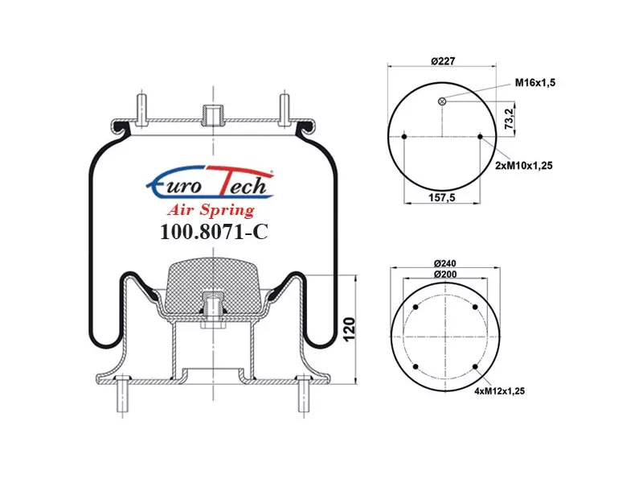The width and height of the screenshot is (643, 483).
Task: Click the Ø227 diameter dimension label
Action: (443, 61)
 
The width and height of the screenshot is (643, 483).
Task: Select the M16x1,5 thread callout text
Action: (535, 83)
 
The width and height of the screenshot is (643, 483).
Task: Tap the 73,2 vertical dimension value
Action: (509, 118)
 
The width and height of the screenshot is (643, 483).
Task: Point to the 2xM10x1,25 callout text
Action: (524, 166)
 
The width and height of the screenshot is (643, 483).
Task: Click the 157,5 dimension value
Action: (441, 197)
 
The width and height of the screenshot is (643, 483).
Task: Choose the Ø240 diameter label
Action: (444, 263)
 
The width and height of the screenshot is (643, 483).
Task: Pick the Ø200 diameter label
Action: (445, 274)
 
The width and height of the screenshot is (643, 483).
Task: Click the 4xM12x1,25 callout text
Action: (499, 391)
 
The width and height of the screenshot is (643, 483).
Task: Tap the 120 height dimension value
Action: (349, 329)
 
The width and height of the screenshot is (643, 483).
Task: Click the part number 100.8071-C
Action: (214, 232)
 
